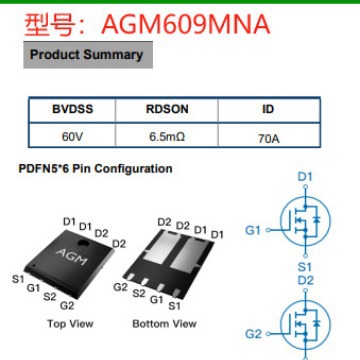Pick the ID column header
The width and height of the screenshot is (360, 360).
[268, 108]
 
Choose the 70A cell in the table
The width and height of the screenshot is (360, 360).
[268, 132]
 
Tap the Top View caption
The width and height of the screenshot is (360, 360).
[70, 324]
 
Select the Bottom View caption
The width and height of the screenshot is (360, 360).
[164, 324]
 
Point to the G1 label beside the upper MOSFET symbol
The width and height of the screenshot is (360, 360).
[253, 230]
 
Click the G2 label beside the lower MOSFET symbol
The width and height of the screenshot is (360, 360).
[253, 333]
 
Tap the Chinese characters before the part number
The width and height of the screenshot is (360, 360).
[43, 21]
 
